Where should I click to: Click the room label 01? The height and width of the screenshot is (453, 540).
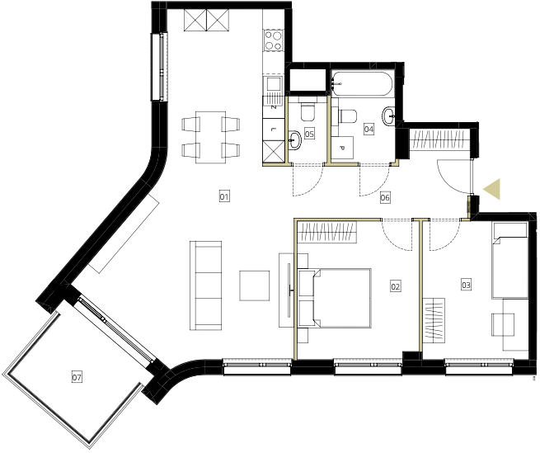point(224,197)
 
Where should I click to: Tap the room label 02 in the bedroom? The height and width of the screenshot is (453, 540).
point(396,286)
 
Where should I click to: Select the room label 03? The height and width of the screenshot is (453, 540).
point(466,285)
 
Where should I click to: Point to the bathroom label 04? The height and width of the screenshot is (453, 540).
point(369,130)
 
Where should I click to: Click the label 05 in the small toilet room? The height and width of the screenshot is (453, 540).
point(309,134)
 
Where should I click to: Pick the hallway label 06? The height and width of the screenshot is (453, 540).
point(385,197)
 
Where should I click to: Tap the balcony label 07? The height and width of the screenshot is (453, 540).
point(77,377)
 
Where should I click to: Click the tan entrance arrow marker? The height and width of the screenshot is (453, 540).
point(492,189)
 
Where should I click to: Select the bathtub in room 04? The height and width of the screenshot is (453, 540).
point(362,84)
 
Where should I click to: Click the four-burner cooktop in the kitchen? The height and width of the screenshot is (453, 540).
point(274,40)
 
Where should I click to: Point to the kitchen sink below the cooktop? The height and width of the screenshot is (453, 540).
point(274,86)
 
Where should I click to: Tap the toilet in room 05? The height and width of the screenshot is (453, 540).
point(308,111)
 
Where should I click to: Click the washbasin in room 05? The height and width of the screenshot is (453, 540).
point(294,140)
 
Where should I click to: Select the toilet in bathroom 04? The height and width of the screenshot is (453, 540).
point(347,116)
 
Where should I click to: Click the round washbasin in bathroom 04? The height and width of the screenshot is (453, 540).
point(389,116)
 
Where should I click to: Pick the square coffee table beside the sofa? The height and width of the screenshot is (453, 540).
point(255,285)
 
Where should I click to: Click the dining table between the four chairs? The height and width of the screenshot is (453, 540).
point(211,137)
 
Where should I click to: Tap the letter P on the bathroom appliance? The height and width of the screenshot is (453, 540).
point(342,149)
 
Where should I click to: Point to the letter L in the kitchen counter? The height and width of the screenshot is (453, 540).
point(273,130)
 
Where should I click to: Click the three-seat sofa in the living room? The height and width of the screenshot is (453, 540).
point(205,285)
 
